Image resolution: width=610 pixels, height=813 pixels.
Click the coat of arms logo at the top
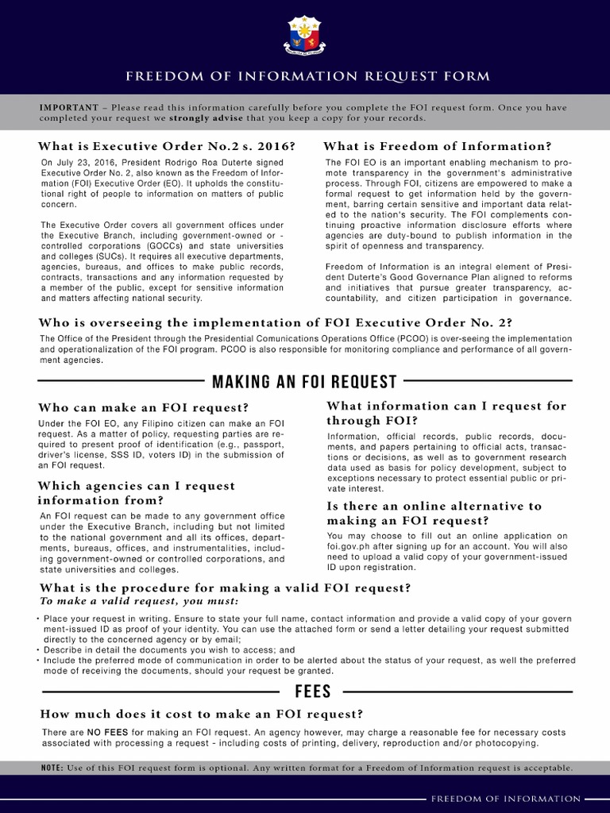305,37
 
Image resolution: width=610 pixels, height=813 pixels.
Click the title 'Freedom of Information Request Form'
305,77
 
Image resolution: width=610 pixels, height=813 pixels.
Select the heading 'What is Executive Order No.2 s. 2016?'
168,147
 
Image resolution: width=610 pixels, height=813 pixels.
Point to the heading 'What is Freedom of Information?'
437,147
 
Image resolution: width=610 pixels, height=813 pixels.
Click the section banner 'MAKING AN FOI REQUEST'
305,382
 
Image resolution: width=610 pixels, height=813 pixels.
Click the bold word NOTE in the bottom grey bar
54,768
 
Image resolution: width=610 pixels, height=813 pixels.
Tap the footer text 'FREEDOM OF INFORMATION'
506,799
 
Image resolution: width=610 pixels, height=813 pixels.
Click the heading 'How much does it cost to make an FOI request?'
202,714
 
